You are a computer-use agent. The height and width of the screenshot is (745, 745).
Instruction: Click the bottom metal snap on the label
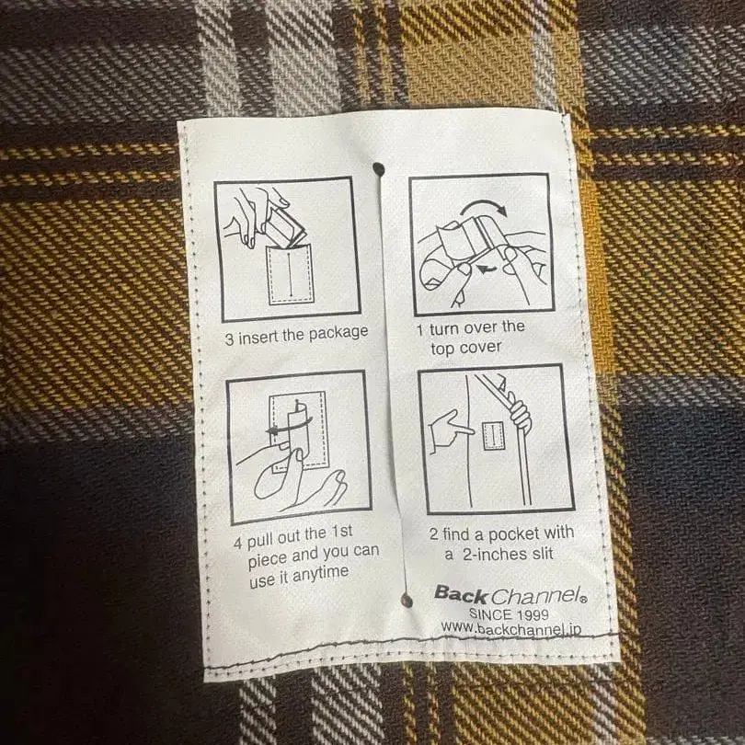point(406,601)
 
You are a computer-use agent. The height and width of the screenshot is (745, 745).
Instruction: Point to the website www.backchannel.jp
point(517,627)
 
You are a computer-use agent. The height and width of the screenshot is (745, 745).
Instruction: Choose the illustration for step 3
point(286,248)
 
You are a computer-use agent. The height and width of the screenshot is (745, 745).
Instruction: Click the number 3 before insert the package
point(229,337)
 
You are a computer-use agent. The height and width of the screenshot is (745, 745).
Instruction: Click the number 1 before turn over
point(419,328)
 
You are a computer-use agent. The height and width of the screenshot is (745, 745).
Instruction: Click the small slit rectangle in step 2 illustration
point(491,435)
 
